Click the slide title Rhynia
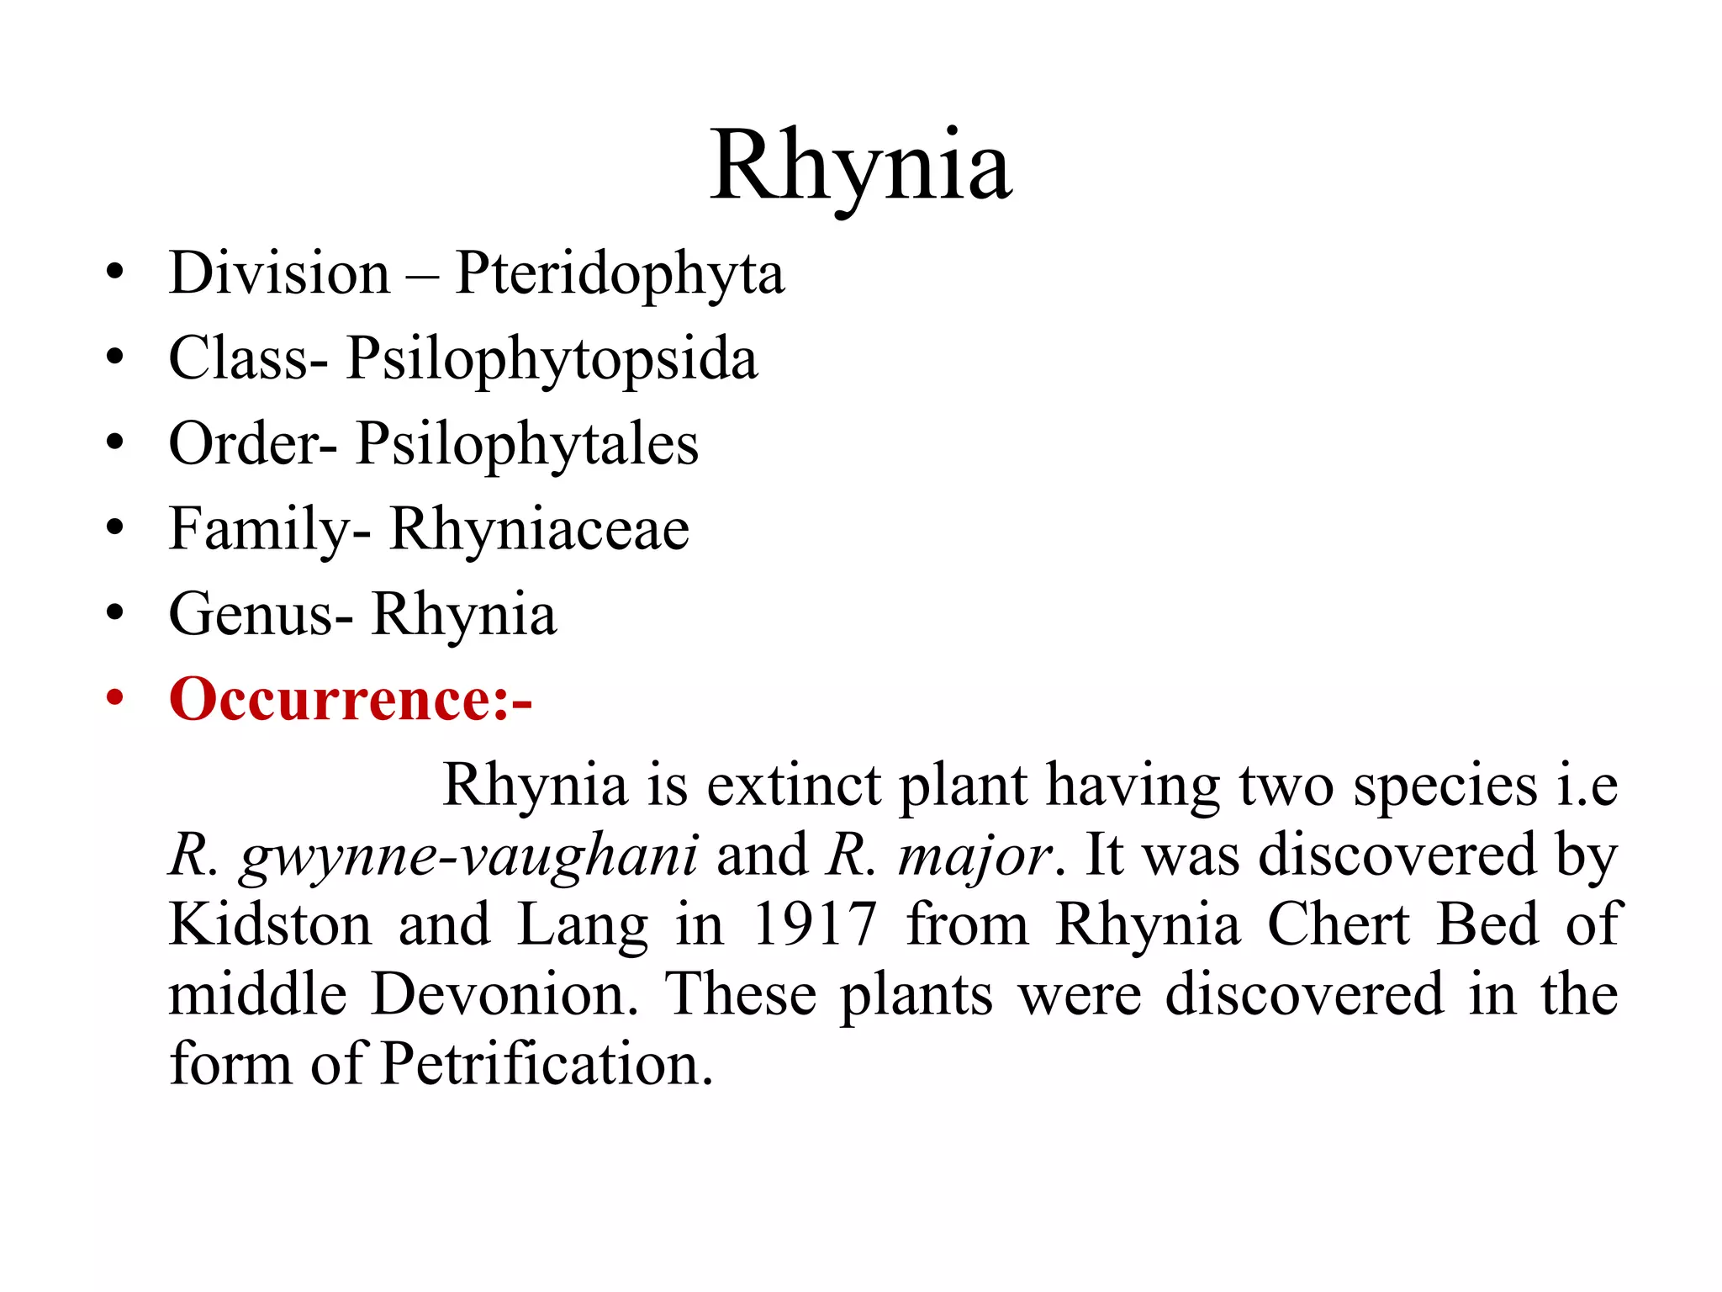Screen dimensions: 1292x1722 860,166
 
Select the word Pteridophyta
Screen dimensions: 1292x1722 620,274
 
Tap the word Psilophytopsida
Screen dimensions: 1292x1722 552,359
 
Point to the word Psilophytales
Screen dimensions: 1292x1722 526,444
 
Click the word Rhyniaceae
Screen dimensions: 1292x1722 539,529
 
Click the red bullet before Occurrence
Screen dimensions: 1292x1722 115,697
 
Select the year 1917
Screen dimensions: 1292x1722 814,924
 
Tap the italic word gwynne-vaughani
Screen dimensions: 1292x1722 468,855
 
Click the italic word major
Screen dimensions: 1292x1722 975,855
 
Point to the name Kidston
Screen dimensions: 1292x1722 270,924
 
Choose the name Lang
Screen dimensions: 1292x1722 582,924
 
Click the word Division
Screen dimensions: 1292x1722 279,274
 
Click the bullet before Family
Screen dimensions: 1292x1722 115,527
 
